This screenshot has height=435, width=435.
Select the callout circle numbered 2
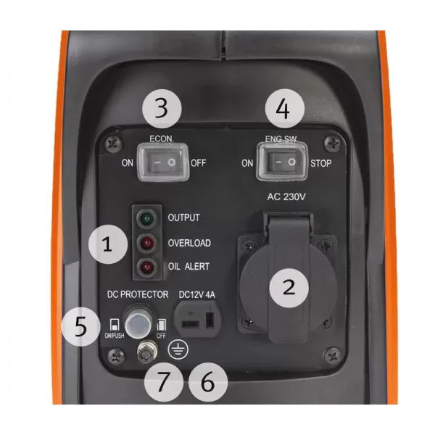(x=289, y=288)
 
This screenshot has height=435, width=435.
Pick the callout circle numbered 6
(x=207, y=381)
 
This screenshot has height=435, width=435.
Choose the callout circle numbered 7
(x=164, y=381)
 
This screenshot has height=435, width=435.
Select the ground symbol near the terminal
(x=175, y=351)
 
